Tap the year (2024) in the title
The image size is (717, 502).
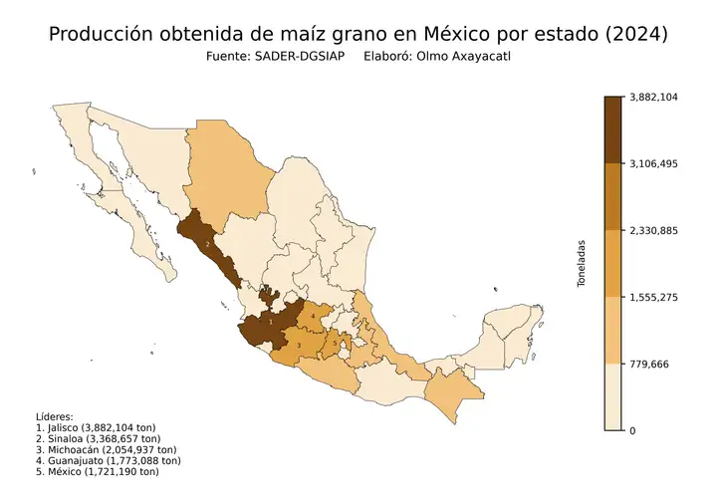click(x=633, y=34)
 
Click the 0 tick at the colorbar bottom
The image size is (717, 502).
click(x=633, y=430)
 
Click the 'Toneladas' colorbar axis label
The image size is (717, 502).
click(x=583, y=263)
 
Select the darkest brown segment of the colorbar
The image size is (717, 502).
click(x=613, y=129)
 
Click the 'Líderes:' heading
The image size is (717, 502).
click(x=54, y=416)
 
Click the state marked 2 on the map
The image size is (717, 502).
click(x=207, y=242)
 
